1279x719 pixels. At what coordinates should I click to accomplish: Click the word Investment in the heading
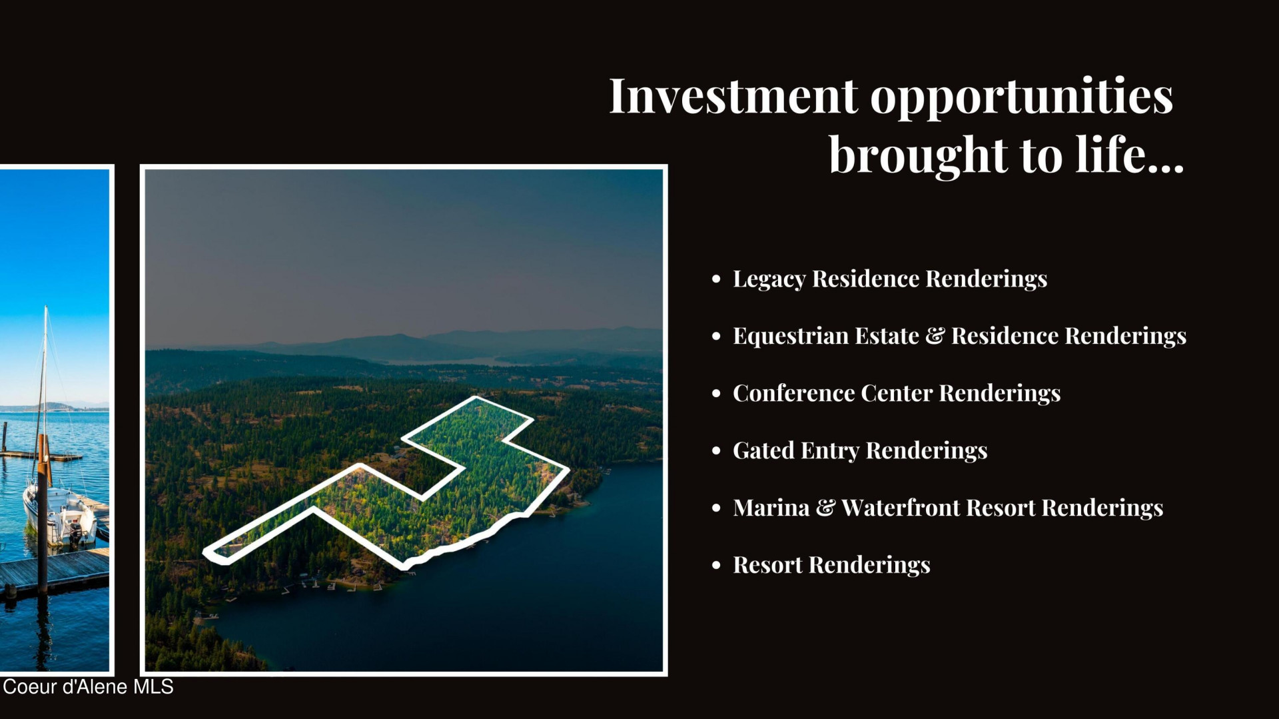click(x=733, y=97)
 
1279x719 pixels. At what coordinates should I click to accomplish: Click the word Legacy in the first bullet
click(x=769, y=280)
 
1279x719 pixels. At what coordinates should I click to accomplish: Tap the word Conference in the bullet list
click(x=793, y=393)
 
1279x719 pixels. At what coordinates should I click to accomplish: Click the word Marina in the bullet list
click(x=771, y=508)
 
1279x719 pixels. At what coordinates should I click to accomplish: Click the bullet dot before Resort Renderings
click(x=716, y=566)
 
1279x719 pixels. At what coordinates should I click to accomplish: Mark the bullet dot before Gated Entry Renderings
click(x=716, y=451)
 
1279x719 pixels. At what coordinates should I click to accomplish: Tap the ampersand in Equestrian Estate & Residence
click(x=935, y=336)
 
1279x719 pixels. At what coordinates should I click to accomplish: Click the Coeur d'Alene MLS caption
click(x=88, y=687)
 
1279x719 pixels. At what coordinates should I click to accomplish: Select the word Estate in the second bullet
click(x=887, y=336)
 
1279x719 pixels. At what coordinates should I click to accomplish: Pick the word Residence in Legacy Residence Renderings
click(x=865, y=279)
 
